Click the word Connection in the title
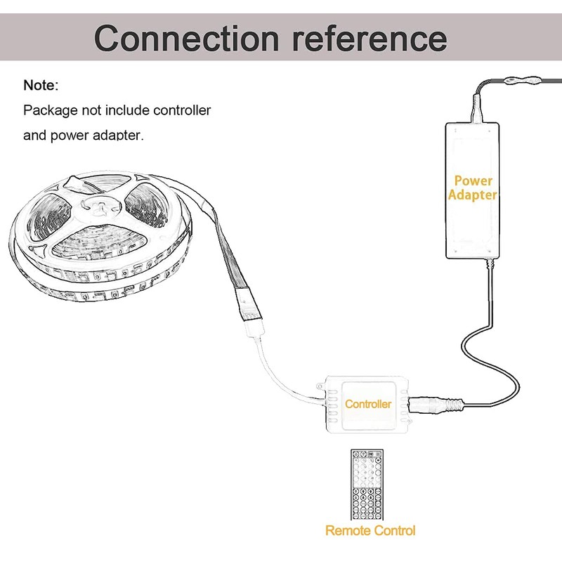[x=187, y=39]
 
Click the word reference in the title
[x=370, y=39]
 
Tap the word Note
[x=41, y=85]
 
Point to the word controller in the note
[x=182, y=110]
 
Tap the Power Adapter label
[x=473, y=188]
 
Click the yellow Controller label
[x=368, y=404]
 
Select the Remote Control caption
[x=370, y=530]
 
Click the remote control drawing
[x=367, y=485]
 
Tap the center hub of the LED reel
[x=98, y=207]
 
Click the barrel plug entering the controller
[x=436, y=405]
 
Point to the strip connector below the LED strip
[x=255, y=329]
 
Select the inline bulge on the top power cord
[x=522, y=81]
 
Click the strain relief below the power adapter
[x=490, y=265]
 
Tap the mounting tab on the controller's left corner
[x=321, y=386]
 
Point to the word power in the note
[x=70, y=136]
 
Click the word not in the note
[x=91, y=110]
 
